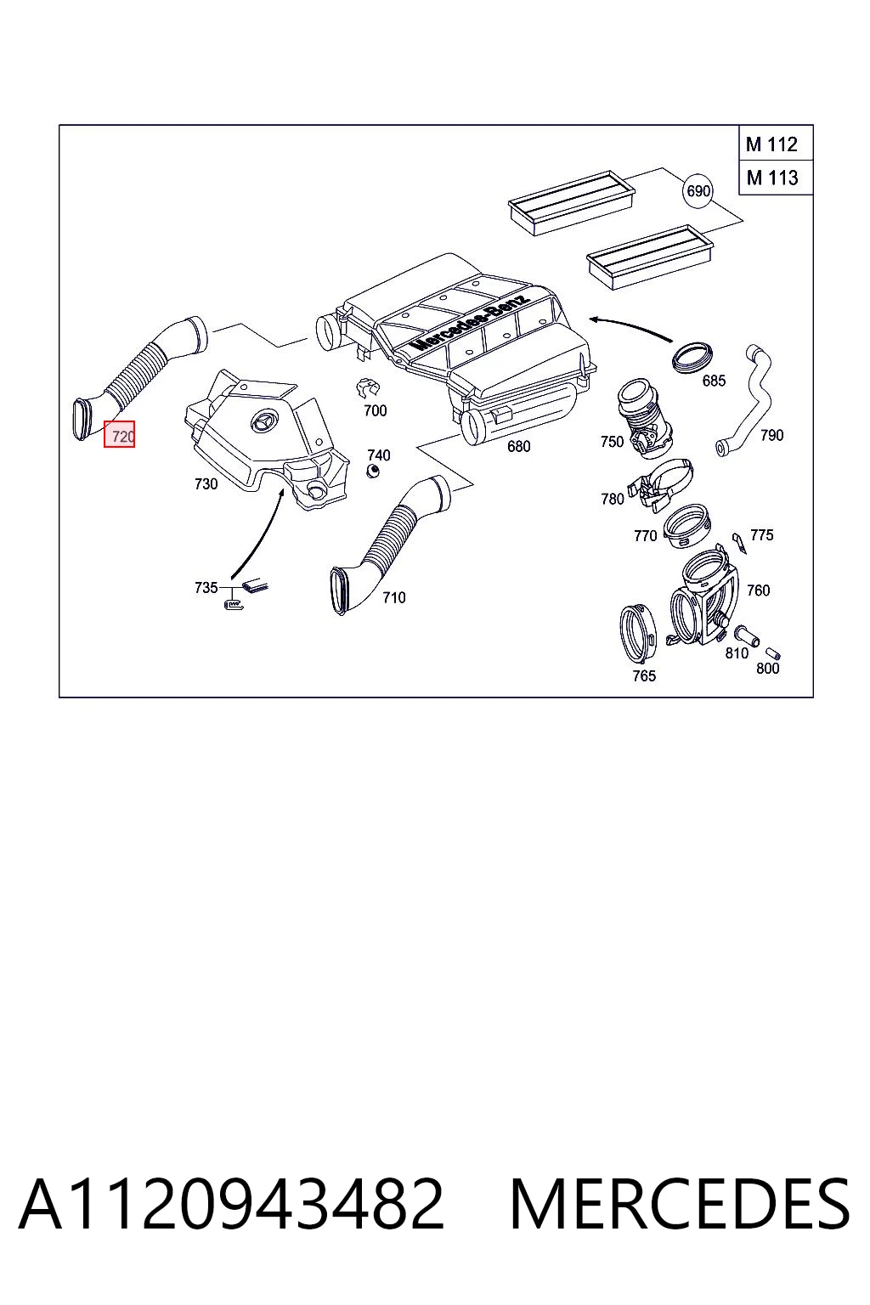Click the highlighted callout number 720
click(120, 435)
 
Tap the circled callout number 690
click(698, 190)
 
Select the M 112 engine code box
click(776, 144)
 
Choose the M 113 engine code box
click(776, 178)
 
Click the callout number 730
click(206, 483)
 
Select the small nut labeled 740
click(372, 470)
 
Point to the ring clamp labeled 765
click(637, 633)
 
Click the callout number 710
click(394, 597)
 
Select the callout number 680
click(518, 446)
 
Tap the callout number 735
click(206, 587)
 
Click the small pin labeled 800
click(774, 652)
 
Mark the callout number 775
click(761, 534)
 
